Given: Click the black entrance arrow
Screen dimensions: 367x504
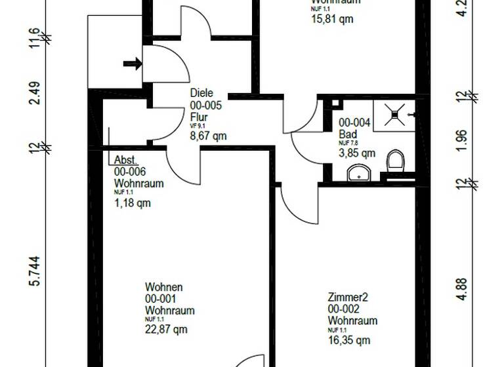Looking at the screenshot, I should click(132, 64).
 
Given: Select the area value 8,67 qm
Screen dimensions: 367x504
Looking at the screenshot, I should click(208, 136).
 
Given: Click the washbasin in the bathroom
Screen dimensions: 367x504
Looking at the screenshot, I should click(358, 172).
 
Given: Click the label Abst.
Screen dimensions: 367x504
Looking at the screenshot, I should click(125, 161).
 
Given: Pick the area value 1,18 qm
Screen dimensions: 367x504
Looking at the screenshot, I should click(133, 203).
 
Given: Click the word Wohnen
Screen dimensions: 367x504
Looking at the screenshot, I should click(163, 287).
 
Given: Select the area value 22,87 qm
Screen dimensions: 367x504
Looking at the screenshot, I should click(167, 330).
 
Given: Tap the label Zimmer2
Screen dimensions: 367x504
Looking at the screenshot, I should click(348, 298).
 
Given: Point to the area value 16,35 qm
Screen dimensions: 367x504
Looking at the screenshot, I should click(349, 340).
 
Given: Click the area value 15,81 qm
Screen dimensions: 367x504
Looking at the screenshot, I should click(332, 19).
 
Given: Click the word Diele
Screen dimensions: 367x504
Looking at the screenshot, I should click(202, 94).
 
